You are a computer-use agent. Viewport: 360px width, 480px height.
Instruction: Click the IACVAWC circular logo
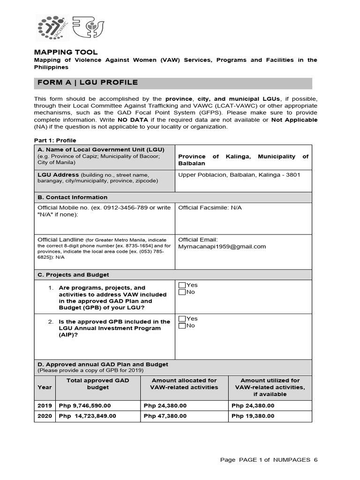pos(53,27)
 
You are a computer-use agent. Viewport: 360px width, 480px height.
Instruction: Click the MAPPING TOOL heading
pos(66,52)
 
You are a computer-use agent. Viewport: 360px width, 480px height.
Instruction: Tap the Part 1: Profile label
pos(55,140)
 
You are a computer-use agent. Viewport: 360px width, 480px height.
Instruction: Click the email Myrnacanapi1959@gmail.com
pos(222,247)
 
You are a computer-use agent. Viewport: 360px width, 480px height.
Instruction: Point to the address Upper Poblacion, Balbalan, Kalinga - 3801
pos(239,175)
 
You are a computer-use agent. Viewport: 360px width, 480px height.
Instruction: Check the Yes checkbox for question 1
pos(182,285)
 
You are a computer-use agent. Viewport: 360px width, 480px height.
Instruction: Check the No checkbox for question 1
pos(182,292)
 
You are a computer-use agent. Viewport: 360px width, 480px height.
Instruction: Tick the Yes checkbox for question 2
pos(182,319)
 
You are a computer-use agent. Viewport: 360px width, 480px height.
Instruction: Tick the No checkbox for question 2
pos(182,326)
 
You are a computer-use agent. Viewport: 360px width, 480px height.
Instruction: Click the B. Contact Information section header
pos(72,197)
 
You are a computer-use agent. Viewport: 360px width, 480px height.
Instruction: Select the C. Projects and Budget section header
pos(73,275)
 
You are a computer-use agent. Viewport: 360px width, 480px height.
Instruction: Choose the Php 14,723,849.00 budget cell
pos(88,416)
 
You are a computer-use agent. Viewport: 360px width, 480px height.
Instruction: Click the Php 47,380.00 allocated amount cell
pos(165,416)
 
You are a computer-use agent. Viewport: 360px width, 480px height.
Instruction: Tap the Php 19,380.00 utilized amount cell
pos(253,416)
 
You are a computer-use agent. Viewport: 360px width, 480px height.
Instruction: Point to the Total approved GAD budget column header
pos(97,384)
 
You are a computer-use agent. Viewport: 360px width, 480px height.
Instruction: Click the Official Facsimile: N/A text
pos(210,208)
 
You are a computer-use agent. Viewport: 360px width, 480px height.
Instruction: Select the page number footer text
pos(269,460)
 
